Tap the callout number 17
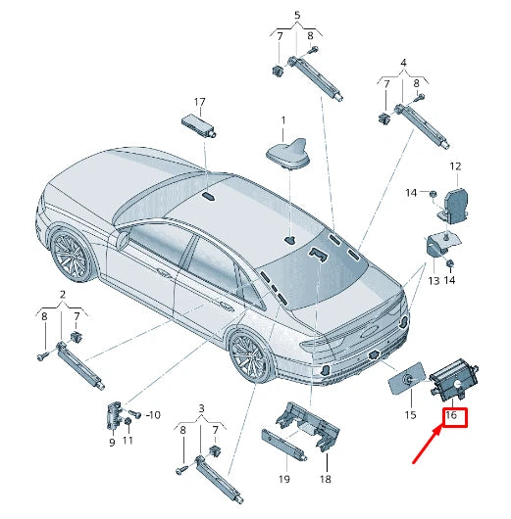[199, 102]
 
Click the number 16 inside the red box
[452, 415]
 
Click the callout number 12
[454, 166]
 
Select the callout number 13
[433, 281]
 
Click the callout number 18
[325, 479]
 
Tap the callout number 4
[401, 64]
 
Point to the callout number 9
[111, 442]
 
